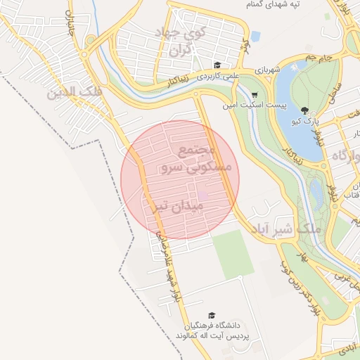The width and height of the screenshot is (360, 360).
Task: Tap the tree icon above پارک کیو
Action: [x=304, y=110]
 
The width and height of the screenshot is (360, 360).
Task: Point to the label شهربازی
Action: [x=268, y=69]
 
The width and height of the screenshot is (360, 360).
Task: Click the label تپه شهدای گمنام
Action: [x=272, y=5]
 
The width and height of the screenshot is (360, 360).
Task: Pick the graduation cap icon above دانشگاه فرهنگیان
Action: [x=211, y=316]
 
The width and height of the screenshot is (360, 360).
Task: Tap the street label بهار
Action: [x=304, y=257]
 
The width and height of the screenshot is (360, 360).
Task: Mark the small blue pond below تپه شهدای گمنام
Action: [x=255, y=35]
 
